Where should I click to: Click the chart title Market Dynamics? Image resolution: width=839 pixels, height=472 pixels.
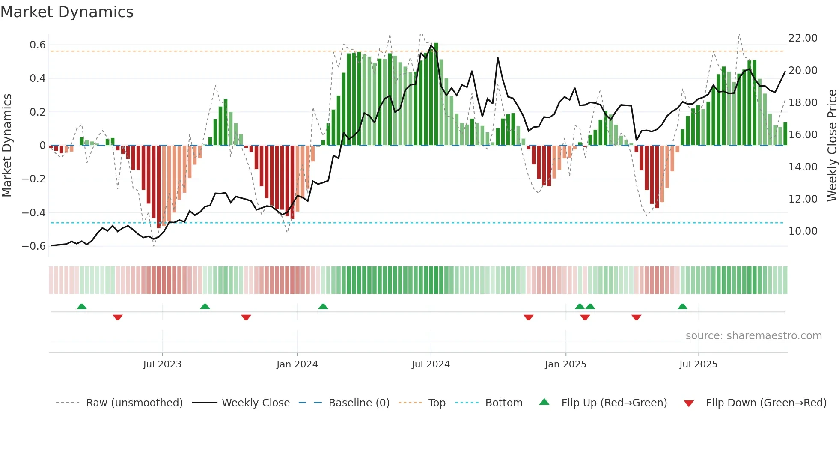pyautogui.click(x=67, y=12)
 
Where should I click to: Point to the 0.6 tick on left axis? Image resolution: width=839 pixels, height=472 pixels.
pyautogui.click(x=38, y=45)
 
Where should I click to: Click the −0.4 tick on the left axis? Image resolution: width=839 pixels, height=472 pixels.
pyautogui.click(x=34, y=213)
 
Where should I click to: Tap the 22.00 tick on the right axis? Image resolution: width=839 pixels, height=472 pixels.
pyautogui.click(x=803, y=38)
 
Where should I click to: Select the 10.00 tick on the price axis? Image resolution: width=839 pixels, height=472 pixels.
pyautogui.click(x=803, y=231)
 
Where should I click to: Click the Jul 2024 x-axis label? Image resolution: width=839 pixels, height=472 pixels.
pyautogui.click(x=431, y=364)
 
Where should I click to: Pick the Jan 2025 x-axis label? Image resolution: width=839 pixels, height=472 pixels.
pyautogui.click(x=565, y=364)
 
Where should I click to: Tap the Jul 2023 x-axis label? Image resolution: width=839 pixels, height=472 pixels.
pyautogui.click(x=162, y=364)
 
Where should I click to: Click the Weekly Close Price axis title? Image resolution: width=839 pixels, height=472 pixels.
pyautogui.click(x=832, y=145)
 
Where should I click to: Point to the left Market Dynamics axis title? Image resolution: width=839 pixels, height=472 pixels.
pyautogui.click(x=7, y=145)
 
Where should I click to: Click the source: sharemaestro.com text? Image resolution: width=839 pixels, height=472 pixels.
pyautogui.click(x=753, y=336)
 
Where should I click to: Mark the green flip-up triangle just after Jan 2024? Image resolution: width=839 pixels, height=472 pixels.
pyautogui.click(x=323, y=306)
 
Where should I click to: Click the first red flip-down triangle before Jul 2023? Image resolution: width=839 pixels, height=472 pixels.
pyautogui.click(x=118, y=317)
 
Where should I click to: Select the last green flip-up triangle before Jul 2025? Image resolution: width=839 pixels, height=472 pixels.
pyautogui.click(x=683, y=306)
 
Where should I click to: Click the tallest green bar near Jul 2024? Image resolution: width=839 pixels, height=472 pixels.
pyautogui.click(x=436, y=94)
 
